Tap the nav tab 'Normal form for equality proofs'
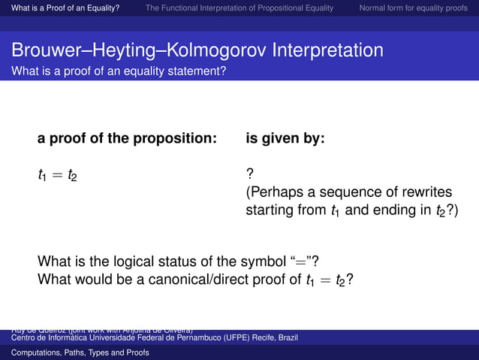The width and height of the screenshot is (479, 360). tap(413, 8)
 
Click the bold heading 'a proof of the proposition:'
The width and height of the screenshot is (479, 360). tap(127, 139)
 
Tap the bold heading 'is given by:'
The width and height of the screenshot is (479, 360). tap(285, 139)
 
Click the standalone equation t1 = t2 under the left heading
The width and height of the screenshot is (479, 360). tap(57, 176)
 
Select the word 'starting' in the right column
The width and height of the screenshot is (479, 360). tap(270, 210)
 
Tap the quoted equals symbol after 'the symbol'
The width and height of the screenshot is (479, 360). tap(306, 262)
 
